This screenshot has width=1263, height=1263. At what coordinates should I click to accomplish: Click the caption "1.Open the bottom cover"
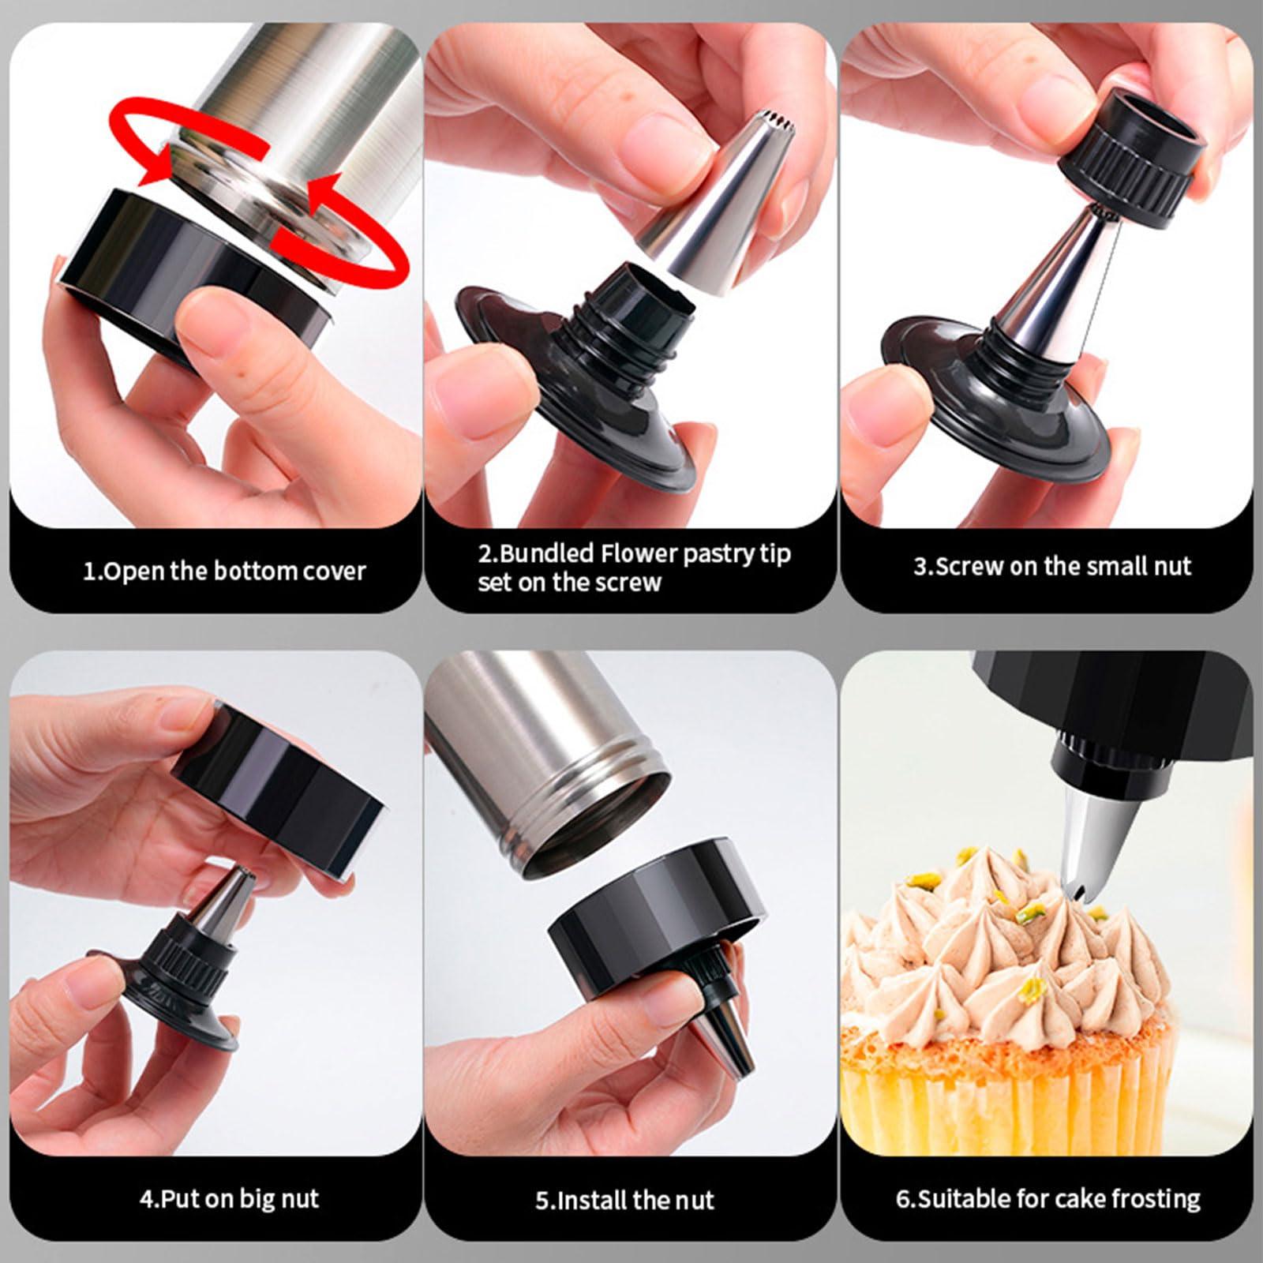[x=224, y=571]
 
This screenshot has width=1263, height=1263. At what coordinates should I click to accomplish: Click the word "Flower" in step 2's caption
[x=639, y=553]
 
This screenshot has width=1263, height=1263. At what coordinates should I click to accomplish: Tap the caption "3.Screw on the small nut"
[x=1052, y=566]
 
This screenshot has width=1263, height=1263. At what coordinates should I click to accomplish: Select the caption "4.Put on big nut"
[x=229, y=1199]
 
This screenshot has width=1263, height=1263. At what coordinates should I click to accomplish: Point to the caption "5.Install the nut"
[x=624, y=1200]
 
